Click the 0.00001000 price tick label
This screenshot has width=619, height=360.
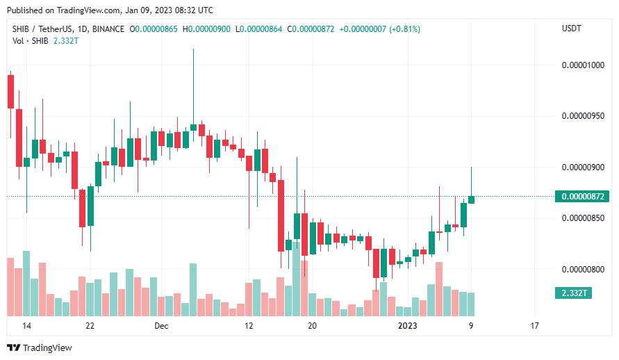click(x=583, y=65)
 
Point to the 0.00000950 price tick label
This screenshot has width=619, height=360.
click(x=583, y=116)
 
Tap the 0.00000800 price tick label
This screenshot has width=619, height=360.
click(x=583, y=270)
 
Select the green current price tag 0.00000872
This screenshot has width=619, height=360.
click(x=582, y=196)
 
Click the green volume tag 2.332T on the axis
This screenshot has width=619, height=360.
click(x=573, y=293)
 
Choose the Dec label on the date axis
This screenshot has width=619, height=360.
click(x=161, y=326)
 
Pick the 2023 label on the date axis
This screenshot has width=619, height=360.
click(x=407, y=326)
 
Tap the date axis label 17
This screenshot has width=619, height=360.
click(x=534, y=326)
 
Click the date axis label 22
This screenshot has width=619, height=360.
click(x=90, y=326)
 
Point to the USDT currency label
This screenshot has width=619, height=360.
click(x=571, y=28)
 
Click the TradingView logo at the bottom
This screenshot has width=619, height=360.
click(x=40, y=347)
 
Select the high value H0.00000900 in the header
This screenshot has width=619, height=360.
click(x=206, y=29)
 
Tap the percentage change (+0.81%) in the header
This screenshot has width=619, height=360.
click(x=404, y=29)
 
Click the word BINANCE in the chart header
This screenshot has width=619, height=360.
click(x=108, y=29)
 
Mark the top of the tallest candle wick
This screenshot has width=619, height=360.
click(x=193, y=49)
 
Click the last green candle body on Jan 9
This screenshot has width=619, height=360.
click(x=471, y=199)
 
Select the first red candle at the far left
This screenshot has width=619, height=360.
click(x=10, y=92)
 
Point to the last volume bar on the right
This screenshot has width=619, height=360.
click(x=471, y=304)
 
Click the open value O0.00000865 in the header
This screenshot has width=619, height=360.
click(x=154, y=29)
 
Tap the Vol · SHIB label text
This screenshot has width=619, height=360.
click(x=31, y=41)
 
